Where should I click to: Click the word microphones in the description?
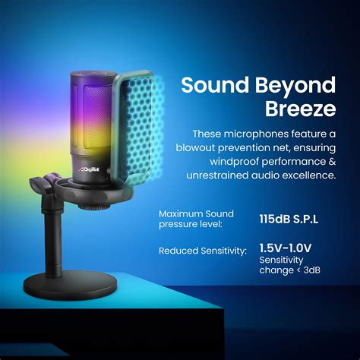pos(248,133)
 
